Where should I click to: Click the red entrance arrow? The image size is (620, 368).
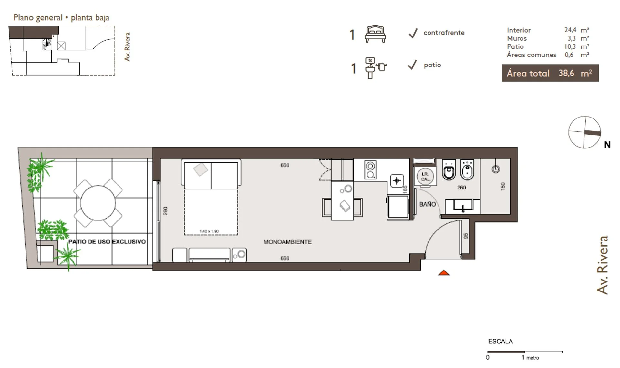(444, 273)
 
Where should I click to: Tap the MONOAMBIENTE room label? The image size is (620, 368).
(287, 242)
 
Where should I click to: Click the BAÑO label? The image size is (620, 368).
(428, 204)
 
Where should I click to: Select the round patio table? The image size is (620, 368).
(98, 203)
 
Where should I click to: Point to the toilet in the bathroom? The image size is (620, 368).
(449, 170)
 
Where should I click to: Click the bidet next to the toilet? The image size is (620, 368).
(467, 170)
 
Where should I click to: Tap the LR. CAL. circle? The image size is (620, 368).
(425, 177)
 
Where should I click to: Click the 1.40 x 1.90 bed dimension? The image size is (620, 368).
(209, 231)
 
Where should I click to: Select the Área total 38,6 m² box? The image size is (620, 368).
(550, 73)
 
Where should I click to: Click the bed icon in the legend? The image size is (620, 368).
(375, 34)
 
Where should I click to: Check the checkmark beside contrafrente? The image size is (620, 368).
(413, 33)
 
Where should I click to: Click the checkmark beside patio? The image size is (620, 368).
(412, 65)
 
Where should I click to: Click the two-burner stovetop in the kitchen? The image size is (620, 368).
(370, 170)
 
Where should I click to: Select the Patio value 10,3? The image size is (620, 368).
(570, 46)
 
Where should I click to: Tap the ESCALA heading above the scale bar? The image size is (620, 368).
(500, 341)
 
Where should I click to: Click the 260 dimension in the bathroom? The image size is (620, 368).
(461, 188)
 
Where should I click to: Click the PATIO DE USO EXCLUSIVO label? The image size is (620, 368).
(107, 242)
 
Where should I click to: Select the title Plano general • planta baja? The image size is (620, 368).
(61, 17)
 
